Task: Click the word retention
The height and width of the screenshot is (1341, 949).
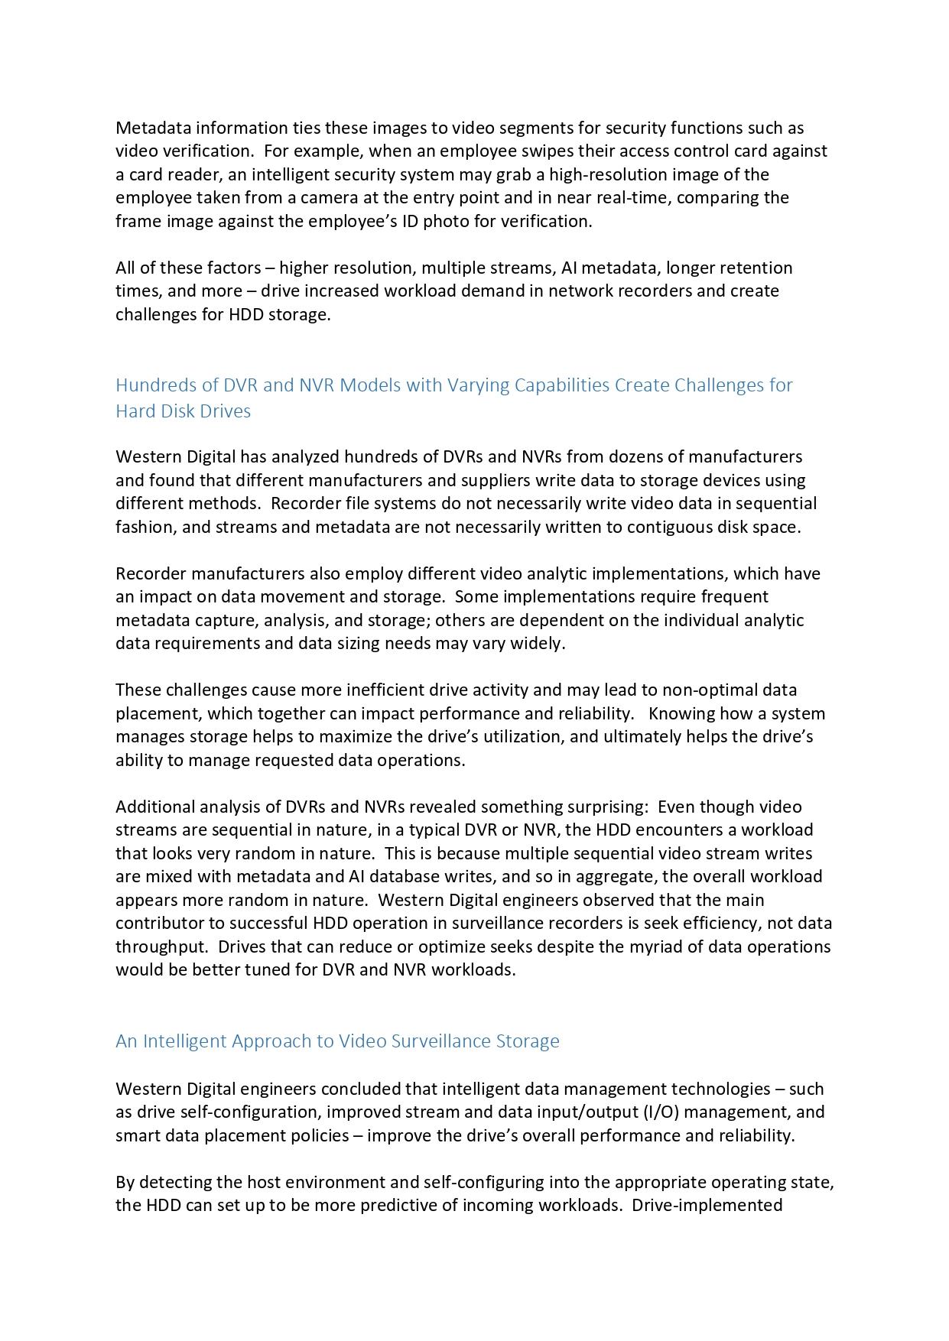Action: point(756,268)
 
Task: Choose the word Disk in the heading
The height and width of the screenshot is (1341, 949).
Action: point(183,411)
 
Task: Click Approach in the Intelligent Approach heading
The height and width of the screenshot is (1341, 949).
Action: point(283,1041)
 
